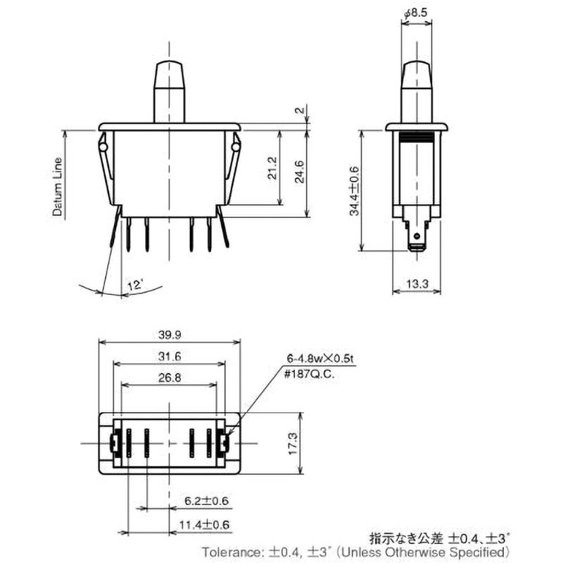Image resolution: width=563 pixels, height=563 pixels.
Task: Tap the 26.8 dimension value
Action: (168, 378)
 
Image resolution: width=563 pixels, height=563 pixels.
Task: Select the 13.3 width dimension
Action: (417, 284)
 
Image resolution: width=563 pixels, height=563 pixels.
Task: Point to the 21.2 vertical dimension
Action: (273, 169)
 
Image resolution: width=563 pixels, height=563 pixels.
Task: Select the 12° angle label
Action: (134, 285)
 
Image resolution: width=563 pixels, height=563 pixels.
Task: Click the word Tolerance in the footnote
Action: (227, 552)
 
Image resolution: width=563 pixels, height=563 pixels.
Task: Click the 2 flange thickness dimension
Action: (298, 111)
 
